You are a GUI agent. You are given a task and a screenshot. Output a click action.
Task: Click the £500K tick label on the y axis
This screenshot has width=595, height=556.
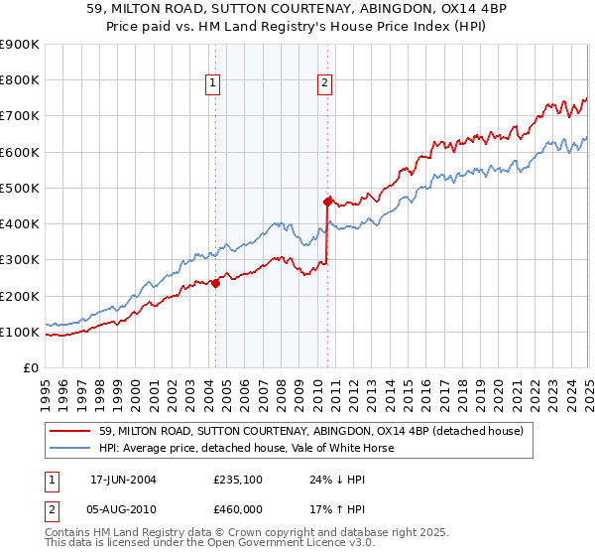20,188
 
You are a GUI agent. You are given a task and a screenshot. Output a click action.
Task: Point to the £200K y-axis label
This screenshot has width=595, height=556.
20,296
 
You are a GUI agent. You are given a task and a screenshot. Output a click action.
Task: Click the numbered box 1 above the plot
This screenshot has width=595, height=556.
215,84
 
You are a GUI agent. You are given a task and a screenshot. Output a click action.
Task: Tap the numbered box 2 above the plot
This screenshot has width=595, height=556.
325,84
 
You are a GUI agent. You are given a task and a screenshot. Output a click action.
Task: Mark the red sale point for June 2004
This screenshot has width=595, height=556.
215,283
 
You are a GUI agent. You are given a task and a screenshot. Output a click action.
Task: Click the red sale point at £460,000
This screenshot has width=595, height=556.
327,202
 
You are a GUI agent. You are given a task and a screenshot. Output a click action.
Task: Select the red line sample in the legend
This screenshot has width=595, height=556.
71,431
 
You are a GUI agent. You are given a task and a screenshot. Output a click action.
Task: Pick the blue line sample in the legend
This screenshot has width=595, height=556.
71,448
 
